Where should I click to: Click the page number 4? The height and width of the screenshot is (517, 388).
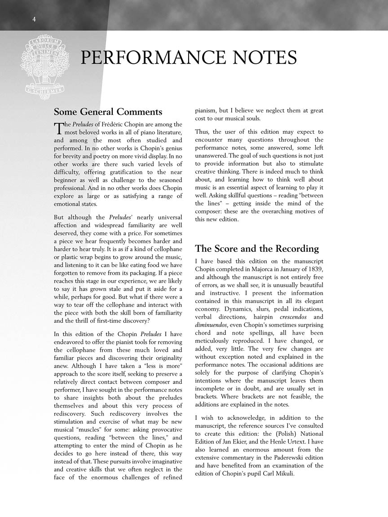coord(34,19)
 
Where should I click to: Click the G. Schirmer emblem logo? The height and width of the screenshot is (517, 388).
coord(44,67)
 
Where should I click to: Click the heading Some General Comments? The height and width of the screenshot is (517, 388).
coord(108,112)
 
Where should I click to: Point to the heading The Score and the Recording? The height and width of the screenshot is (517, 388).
coord(257,249)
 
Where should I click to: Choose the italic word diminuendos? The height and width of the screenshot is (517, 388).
coord(211,325)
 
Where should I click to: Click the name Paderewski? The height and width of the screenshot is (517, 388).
coord(286,458)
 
